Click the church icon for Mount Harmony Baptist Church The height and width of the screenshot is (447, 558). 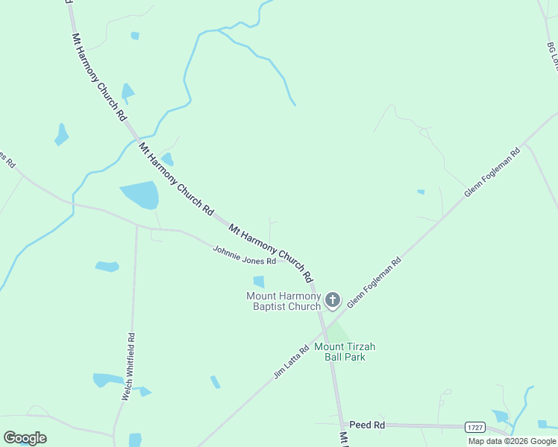[x=333, y=300]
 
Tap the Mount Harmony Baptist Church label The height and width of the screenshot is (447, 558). [x=283, y=301]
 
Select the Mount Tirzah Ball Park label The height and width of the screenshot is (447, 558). [x=344, y=352]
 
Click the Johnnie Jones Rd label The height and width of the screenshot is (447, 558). [x=244, y=256]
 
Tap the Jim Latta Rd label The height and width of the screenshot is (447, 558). [x=291, y=361]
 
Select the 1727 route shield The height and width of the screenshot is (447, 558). [x=474, y=427]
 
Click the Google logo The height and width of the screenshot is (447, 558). [x=25, y=437]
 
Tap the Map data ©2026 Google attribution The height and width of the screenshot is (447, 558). [x=512, y=441]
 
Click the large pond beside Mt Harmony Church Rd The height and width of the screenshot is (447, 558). [x=140, y=195]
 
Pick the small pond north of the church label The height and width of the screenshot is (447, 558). [x=259, y=282]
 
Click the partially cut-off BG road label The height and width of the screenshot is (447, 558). [x=552, y=56]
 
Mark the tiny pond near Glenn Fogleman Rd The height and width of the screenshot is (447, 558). [x=421, y=192]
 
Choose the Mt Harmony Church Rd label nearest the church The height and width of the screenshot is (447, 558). [x=271, y=253]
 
